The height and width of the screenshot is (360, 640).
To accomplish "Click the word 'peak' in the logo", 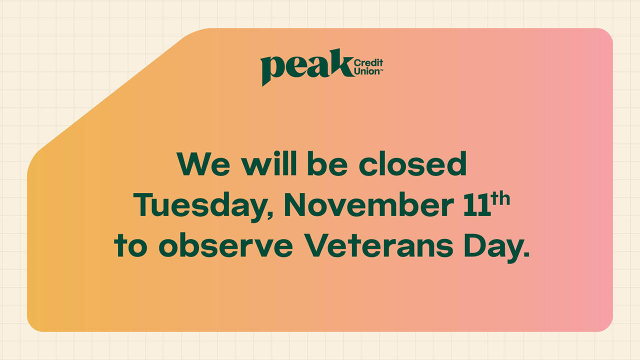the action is click(307, 67).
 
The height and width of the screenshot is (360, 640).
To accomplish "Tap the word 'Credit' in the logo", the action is click(368, 62).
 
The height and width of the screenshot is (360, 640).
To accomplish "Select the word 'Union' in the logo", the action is click(367, 71).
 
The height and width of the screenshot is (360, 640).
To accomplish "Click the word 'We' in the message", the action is click(203, 164).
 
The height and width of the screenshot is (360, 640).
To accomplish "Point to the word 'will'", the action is click(269, 163).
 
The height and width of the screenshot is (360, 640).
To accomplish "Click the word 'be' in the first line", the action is click(327, 163).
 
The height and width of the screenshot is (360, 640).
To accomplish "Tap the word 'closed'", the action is click(413, 163).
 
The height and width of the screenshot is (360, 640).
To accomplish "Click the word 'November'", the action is click(369, 204).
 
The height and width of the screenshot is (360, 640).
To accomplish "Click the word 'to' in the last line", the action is click(130, 245).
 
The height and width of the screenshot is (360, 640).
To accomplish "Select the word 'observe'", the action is click(225, 245).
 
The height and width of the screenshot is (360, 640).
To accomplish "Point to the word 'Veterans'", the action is click(378, 245).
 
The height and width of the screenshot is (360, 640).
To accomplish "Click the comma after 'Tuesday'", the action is click(270, 214).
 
